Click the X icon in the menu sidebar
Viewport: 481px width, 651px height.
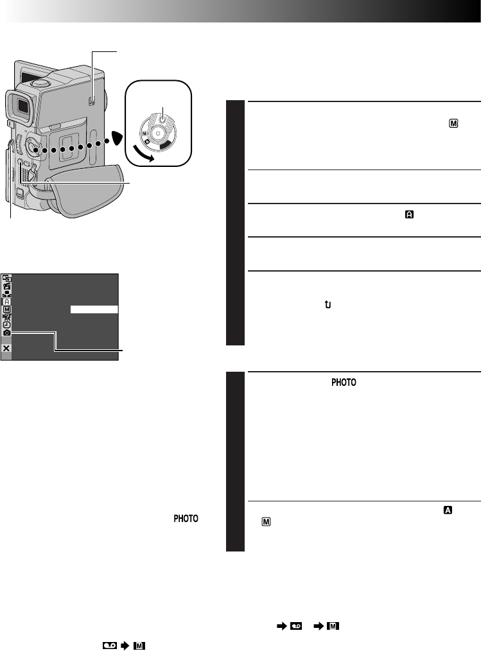[6, 348]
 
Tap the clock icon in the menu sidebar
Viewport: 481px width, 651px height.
[6, 325]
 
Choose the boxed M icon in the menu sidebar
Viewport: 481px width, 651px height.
[6, 309]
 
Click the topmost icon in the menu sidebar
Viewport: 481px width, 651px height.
[6, 278]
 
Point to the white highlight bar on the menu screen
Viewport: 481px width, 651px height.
[94, 309]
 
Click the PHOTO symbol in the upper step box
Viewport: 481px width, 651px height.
[344, 382]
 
